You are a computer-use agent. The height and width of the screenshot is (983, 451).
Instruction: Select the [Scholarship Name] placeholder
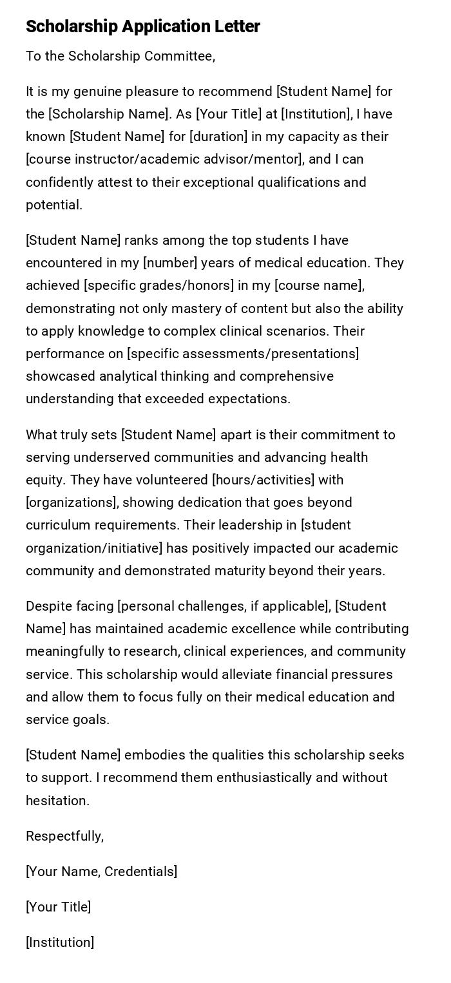click(108, 114)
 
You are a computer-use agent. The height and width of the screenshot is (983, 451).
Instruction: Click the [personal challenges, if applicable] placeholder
click(222, 606)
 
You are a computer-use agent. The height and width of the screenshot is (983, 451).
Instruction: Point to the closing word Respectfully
click(64, 836)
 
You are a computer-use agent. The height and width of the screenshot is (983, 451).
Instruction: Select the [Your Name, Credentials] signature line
click(101, 872)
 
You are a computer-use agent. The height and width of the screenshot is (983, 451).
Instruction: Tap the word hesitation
click(57, 801)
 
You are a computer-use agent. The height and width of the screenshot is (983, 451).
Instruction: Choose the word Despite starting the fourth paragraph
click(48, 606)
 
